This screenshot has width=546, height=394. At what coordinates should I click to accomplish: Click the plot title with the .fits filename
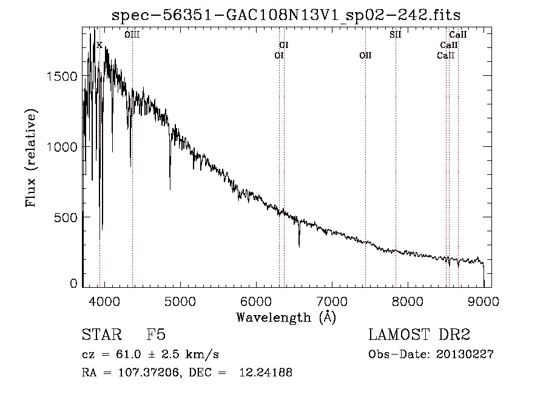click(286, 15)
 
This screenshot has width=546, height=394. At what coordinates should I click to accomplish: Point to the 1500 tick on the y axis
click(62, 76)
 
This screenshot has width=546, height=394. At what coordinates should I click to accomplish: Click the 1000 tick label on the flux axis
click(62, 147)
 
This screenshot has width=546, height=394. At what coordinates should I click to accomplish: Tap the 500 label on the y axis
click(66, 217)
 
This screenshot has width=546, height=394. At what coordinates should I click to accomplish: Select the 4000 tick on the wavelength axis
click(104, 301)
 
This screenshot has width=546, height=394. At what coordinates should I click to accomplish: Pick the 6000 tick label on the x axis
click(256, 301)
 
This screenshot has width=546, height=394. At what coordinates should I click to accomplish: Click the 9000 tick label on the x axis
click(484, 301)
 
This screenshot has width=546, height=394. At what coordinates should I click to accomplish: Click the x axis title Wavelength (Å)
click(286, 318)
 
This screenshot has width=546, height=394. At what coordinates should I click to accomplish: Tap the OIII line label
click(132, 35)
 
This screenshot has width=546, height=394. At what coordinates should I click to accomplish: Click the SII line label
click(395, 35)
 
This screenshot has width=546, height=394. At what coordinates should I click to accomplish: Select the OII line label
click(365, 55)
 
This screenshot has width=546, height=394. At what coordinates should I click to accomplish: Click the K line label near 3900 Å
click(99, 46)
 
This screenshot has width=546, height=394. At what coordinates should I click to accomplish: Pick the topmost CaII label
click(457, 35)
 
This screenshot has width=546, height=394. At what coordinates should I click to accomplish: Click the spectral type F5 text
click(156, 335)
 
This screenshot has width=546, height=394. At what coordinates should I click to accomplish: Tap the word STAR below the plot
click(102, 335)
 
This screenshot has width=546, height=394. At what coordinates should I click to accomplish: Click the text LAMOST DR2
click(419, 335)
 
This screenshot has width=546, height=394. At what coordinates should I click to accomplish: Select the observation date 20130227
click(465, 355)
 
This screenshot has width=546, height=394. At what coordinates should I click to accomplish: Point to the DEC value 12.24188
click(266, 372)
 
